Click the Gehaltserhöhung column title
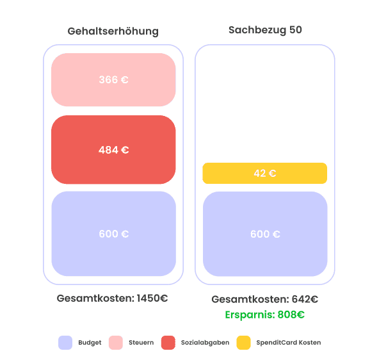click(x=113, y=31)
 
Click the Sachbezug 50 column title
click(x=265, y=30)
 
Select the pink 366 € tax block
click(x=113, y=79)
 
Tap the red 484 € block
click(x=113, y=150)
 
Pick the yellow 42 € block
click(x=264, y=173)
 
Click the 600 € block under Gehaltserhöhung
click(x=113, y=234)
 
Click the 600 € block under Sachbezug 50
click(x=265, y=234)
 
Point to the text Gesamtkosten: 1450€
click(x=112, y=298)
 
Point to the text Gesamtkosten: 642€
click(x=264, y=299)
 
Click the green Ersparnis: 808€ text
click(x=264, y=315)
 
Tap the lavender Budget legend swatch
click(x=65, y=343)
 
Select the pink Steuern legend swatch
click(x=116, y=343)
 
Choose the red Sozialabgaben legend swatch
click(x=168, y=343)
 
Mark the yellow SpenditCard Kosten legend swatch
click(x=243, y=343)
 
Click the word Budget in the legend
click(x=90, y=343)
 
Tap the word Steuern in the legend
click(x=141, y=343)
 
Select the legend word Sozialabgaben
click(x=206, y=343)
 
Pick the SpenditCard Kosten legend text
click(x=289, y=343)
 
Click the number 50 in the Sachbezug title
click(x=296, y=30)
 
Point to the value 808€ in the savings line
click(x=291, y=315)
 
